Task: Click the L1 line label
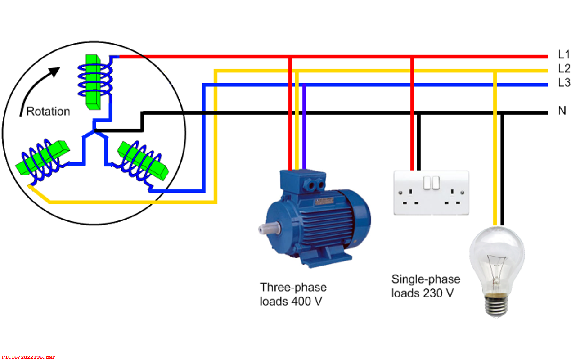click(564, 55)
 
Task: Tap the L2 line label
click(564, 69)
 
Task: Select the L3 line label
click(564, 83)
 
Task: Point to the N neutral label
click(562, 111)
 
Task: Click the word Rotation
click(48, 112)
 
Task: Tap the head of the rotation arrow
click(54, 72)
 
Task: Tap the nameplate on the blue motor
click(324, 201)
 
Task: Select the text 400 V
click(307, 301)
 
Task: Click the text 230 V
click(438, 293)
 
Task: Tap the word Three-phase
click(293, 287)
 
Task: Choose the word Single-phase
click(426, 279)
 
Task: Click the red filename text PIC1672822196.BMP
click(28, 357)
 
